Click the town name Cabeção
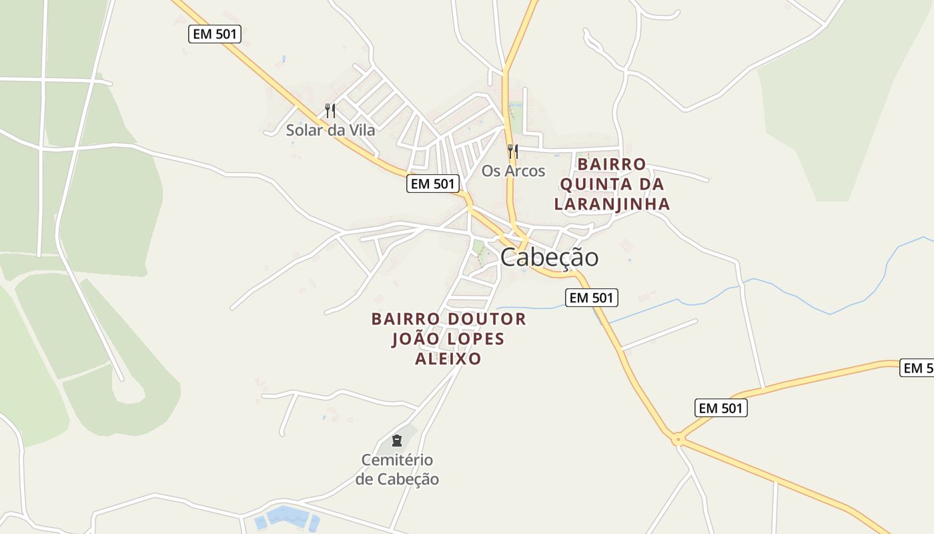(x=549, y=257)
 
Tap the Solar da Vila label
(x=330, y=130)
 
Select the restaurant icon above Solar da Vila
(x=330, y=110)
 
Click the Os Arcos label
(x=513, y=171)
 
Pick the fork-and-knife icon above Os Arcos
(x=512, y=152)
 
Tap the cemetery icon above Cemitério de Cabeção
(x=397, y=441)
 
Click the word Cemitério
(x=397, y=460)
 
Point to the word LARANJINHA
(x=612, y=204)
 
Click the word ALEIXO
(x=448, y=359)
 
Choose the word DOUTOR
(x=487, y=319)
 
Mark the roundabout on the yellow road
(x=678, y=439)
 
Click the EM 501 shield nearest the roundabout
(x=721, y=408)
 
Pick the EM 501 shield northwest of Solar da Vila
(x=215, y=34)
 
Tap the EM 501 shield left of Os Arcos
(x=433, y=184)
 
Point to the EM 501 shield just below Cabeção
(x=592, y=298)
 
